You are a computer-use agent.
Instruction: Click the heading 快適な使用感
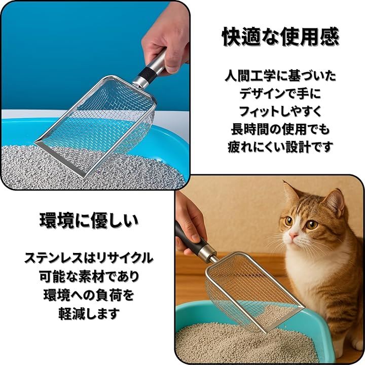(x=280, y=37)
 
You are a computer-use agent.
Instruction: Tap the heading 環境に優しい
(x=89, y=220)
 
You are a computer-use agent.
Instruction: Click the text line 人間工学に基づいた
(x=280, y=76)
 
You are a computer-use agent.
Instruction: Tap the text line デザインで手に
(x=280, y=93)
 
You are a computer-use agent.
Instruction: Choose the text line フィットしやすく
(x=280, y=111)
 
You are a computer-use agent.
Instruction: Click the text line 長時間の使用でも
(x=280, y=129)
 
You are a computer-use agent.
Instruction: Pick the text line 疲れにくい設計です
(x=280, y=147)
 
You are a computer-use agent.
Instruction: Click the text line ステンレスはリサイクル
(x=89, y=258)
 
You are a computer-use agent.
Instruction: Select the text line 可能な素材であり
(x=89, y=276)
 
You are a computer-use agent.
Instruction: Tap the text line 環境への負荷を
(x=89, y=295)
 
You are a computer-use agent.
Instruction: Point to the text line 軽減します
(x=89, y=313)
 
